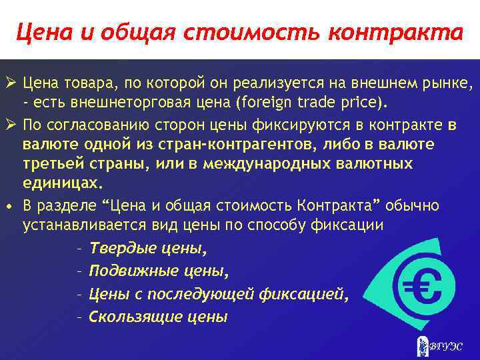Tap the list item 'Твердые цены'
(147, 249)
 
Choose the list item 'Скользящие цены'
(158, 316)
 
